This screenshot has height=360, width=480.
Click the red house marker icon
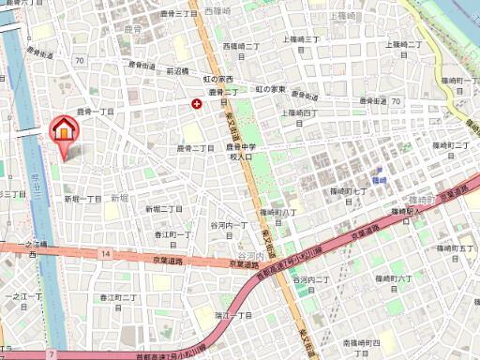63,129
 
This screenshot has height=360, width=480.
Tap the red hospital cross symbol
196,103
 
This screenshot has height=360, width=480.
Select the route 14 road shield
107,254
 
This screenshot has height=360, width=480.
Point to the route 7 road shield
52,355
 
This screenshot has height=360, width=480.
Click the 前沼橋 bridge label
178,70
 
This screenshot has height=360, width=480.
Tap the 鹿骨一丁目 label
95,112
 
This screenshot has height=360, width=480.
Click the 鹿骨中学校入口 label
241,152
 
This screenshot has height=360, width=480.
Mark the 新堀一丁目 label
82,199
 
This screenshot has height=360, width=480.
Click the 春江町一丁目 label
172,234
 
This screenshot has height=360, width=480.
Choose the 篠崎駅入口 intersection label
426,213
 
